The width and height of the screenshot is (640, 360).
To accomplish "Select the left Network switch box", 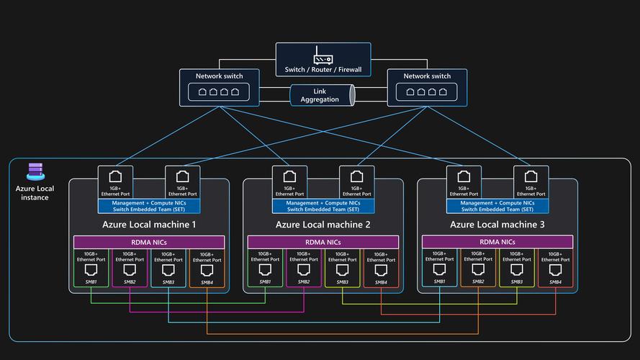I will [220, 87].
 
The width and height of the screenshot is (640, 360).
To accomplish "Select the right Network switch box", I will [427, 87].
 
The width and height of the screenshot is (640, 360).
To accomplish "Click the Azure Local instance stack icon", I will [35, 171].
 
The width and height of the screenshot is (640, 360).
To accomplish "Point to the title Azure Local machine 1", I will [149, 225].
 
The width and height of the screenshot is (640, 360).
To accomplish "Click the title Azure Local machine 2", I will [323, 225].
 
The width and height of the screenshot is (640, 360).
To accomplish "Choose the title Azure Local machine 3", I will [497, 225].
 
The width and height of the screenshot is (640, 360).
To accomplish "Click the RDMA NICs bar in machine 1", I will [149, 243].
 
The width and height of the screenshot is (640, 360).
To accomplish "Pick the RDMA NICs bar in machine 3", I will [497, 243].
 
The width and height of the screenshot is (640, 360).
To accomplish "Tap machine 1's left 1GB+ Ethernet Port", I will [115, 181].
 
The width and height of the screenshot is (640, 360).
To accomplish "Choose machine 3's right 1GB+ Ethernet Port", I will [531, 181].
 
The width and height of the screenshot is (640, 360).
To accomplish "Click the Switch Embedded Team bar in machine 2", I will [323, 206].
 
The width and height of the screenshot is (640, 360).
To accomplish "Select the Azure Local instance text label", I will [35, 193].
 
